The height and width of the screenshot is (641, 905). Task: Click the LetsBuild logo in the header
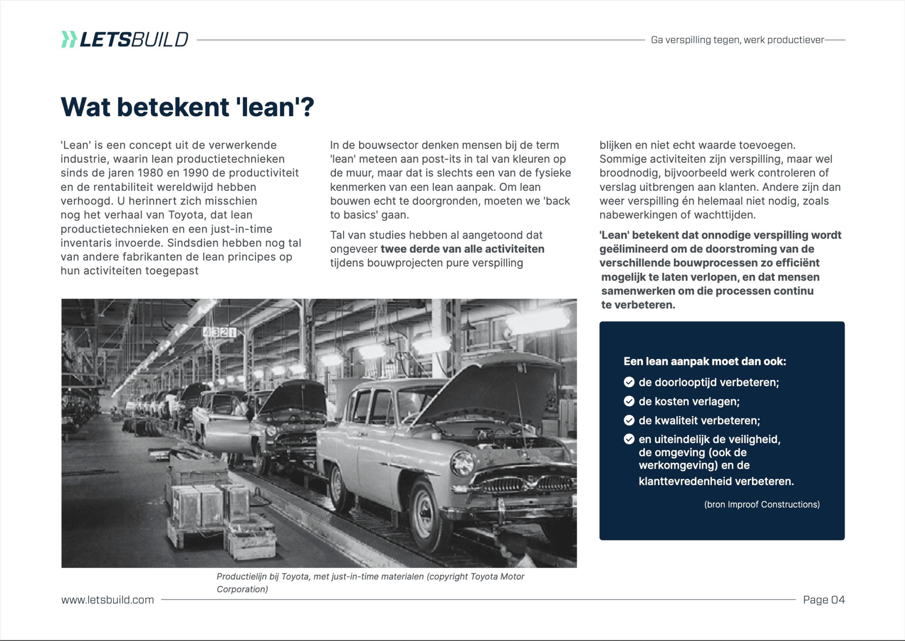pos(125,40)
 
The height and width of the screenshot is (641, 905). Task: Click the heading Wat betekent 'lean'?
pos(187,107)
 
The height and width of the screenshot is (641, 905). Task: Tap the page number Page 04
pos(824,599)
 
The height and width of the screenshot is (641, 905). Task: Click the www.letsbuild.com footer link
pos(107,599)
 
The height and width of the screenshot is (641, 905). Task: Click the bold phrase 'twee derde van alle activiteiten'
pos(462,249)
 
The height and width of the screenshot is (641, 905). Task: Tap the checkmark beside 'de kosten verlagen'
pos(629,401)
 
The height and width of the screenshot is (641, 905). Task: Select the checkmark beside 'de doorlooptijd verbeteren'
pos(629,382)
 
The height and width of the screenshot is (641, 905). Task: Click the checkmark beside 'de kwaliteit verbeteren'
pos(629,420)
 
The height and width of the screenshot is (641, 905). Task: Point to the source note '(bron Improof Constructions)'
pos(762,504)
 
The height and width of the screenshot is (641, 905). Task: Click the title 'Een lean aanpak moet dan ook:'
pos(705,361)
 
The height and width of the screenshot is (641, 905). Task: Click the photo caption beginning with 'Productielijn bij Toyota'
pos(370,582)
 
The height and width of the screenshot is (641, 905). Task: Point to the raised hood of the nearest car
pos(491,389)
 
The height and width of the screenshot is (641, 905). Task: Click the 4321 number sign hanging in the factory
pos(219,332)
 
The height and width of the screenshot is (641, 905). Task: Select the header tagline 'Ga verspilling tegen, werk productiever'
pos(738,40)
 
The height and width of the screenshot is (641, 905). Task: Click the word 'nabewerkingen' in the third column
pos(639,215)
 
